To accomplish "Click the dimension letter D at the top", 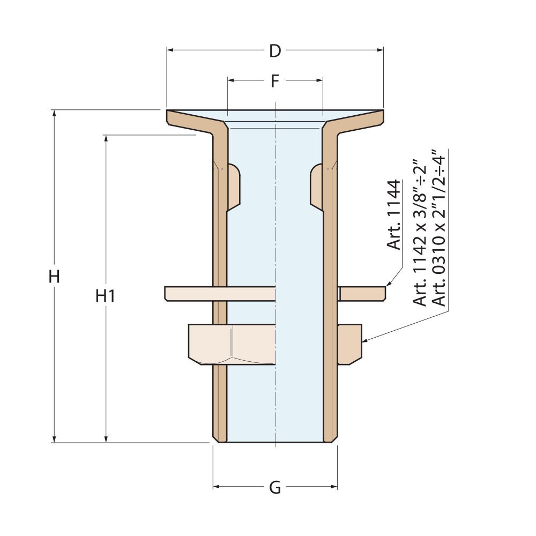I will pos(275,51).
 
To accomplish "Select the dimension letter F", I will pos(275,81).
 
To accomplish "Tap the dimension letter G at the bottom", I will pos(275,488).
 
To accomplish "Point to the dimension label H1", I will pos(106,295).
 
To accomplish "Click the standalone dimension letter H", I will pos(54,277).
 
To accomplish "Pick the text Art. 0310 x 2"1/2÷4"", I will pos(440,228).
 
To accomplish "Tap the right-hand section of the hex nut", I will pos(350,344).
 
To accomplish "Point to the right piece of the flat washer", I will pos(362,293).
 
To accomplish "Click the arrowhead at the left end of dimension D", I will pos(170,50).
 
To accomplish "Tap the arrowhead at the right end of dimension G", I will pos(334,487).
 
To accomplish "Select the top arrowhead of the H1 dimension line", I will pos(106,138).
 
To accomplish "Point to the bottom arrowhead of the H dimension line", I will pos(54,439).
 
